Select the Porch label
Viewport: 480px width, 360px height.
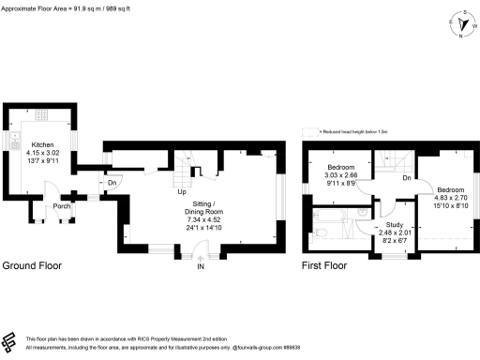point(62,206)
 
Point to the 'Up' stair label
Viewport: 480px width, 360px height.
point(181,193)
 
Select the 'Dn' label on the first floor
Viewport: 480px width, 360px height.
point(405,178)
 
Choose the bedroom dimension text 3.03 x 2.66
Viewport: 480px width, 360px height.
point(340,174)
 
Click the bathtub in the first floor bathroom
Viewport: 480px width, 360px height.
point(331,228)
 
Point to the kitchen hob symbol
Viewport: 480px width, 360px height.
point(42,117)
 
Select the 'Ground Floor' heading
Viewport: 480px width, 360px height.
point(32,265)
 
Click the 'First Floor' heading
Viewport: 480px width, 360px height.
point(323,265)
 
